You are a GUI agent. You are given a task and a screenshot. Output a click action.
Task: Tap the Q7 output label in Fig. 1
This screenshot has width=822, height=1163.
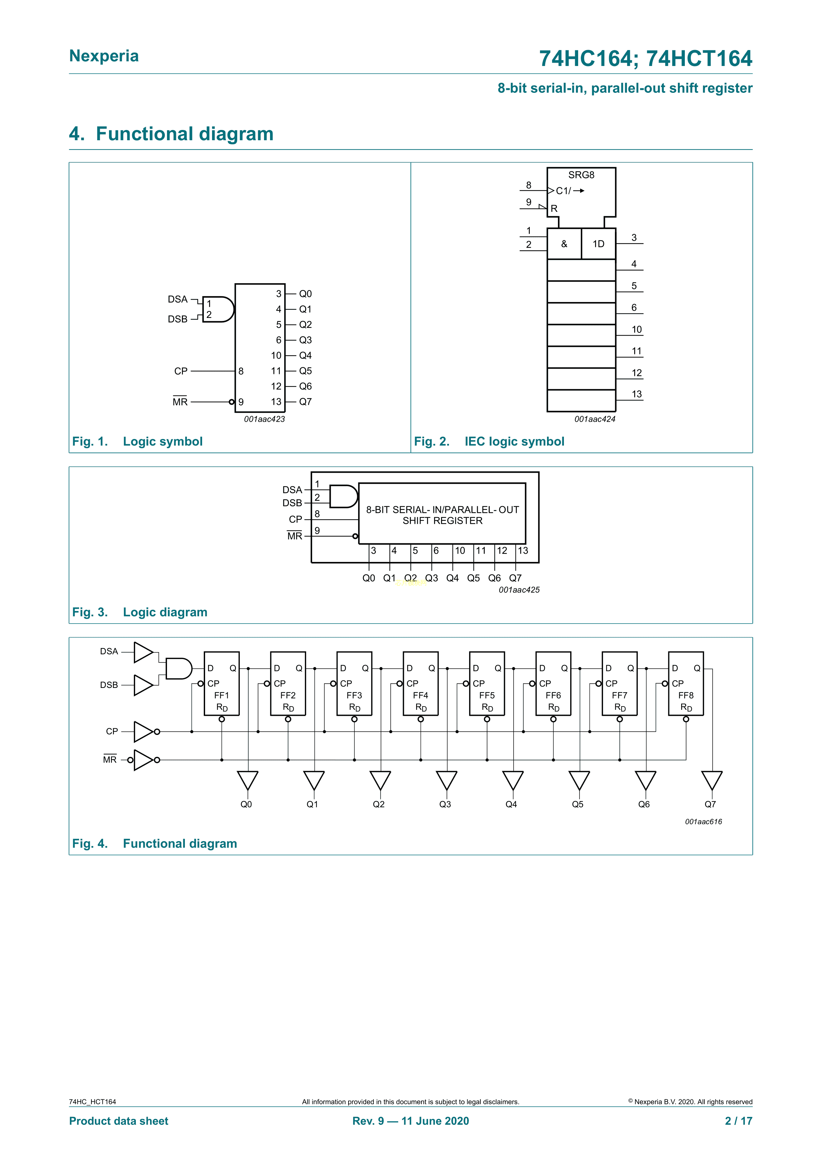tap(305, 402)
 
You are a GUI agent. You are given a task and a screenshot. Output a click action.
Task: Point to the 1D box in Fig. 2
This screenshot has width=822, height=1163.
tap(598, 244)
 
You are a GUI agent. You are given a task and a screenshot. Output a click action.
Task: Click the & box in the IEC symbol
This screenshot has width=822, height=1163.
tap(564, 244)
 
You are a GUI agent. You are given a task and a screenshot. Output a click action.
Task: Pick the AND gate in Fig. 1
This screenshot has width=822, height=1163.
tap(218, 309)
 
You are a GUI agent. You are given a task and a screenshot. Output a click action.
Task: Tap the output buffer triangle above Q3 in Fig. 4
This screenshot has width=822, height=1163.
tap(446, 780)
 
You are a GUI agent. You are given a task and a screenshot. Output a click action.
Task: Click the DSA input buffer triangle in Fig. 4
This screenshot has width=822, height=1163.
tap(143, 652)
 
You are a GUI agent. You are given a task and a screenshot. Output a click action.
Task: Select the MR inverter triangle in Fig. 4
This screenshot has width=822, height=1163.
tap(143, 760)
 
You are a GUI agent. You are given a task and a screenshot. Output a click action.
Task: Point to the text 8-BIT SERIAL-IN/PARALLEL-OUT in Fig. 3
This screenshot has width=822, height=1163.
tap(442, 510)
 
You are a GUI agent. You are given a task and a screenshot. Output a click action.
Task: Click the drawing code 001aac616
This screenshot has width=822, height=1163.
tap(703, 822)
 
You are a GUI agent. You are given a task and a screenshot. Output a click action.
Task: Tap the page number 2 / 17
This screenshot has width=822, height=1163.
tap(739, 1121)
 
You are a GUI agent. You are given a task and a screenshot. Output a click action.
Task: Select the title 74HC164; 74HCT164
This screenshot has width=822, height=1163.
tap(645, 59)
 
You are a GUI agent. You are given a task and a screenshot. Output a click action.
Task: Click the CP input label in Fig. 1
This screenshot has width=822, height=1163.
tap(181, 371)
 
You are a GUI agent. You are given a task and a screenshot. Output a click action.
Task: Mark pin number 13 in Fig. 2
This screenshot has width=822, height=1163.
tap(636, 394)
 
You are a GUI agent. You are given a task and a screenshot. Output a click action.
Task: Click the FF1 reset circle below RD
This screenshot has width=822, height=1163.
tap(222, 719)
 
